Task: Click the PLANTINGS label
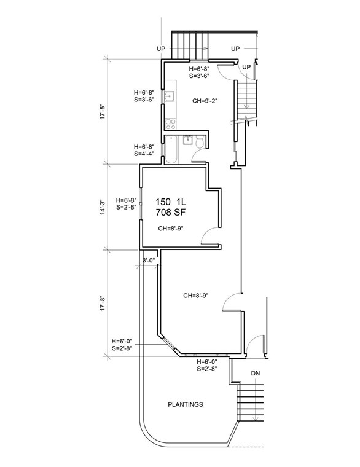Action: click(186, 405)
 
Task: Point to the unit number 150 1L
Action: click(170, 202)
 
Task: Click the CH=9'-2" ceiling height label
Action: click(206, 101)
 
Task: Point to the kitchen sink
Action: click(170, 97)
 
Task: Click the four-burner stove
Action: click(170, 124)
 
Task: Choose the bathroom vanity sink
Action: click(188, 141)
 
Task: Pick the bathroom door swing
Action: click(199, 157)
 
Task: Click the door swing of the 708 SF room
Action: click(211, 236)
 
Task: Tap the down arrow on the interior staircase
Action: click(246, 104)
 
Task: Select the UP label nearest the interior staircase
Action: click(246, 66)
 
